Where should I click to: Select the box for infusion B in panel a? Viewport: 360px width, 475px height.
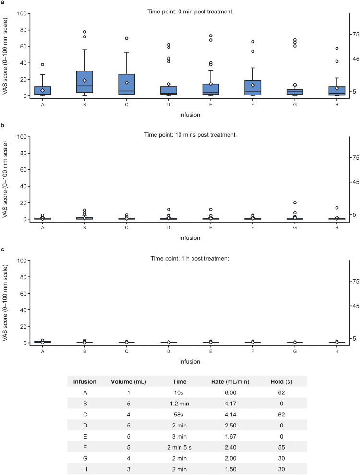[x=84, y=82]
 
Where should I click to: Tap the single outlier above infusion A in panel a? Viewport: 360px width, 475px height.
[x=42, y=64]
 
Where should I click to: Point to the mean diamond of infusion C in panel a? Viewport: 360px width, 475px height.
[x=127, y=83]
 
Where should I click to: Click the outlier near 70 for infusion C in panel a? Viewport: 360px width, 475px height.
[x=127, y=38]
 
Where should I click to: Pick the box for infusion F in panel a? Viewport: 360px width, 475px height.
[x=253, y=87]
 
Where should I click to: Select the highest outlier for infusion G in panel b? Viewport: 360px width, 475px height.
[x=295, y=202]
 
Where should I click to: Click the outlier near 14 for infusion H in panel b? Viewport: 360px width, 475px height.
[x=336, y=208]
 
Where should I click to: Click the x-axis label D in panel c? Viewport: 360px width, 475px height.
[x=168, y=351]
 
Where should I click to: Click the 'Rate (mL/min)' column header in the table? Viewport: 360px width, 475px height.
[x=230, y=382]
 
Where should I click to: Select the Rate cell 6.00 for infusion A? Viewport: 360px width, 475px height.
[x=230, y=392]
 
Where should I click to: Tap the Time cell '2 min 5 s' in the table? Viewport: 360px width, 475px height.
[x=179, y=448]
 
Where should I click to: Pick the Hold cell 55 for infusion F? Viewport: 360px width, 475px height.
[x=281, y=448]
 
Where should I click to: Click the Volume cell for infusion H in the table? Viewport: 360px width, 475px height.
[x=129, y=469]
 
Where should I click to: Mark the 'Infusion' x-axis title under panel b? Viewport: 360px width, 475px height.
[x=190, y=238]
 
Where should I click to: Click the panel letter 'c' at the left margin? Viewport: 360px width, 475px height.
[x=3, y=249]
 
